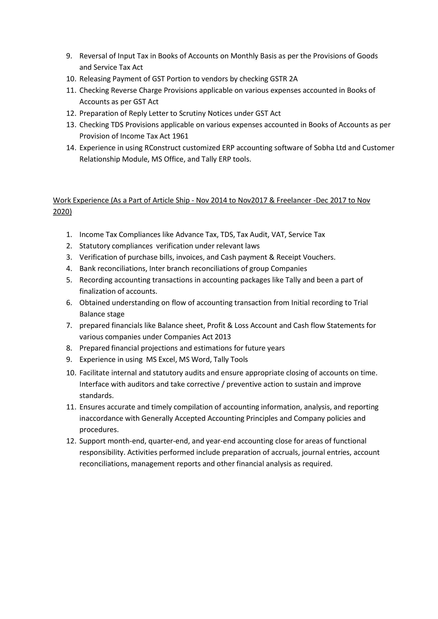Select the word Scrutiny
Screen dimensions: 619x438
pos(220,113)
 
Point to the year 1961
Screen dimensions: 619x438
pos(180,136)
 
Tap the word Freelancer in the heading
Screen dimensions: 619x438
pos(294,200)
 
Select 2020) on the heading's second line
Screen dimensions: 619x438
pos(62,212)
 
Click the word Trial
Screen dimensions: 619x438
pos(361,303)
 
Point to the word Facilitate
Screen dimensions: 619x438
pos(94,373)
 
